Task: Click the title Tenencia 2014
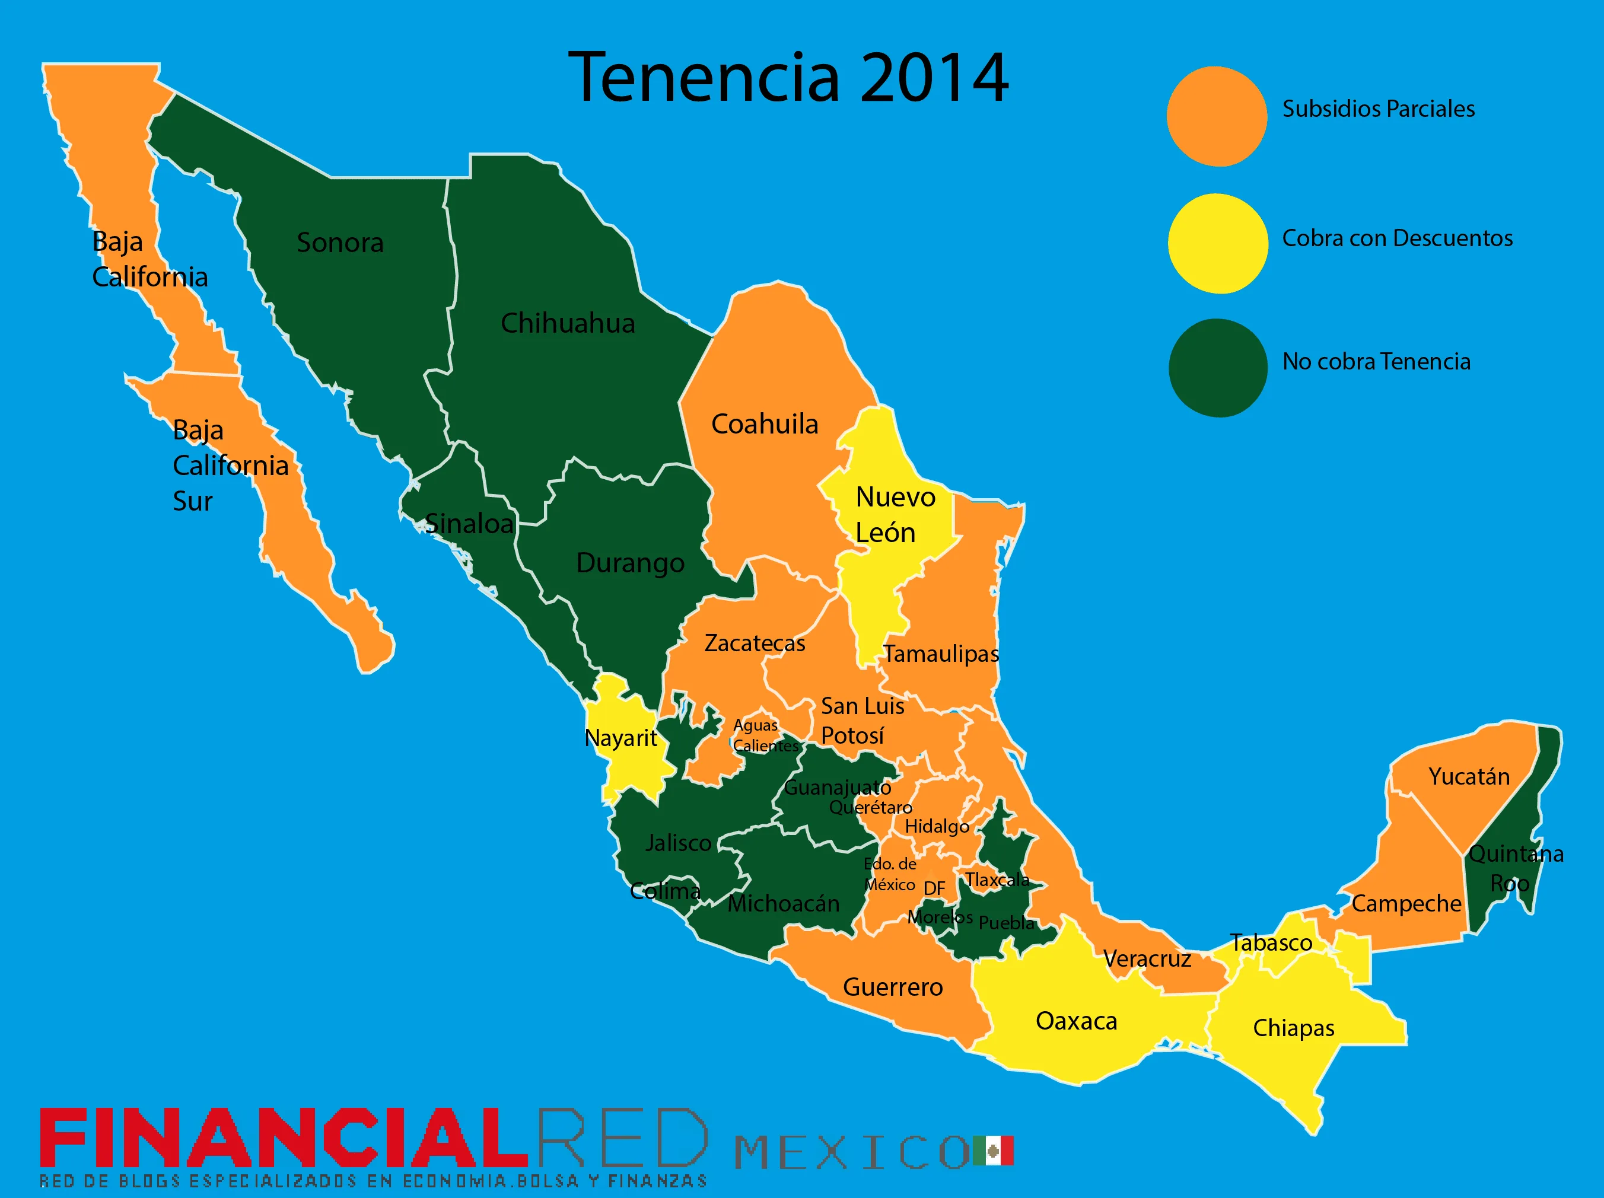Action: point(788,78)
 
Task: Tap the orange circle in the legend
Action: point(1217,116)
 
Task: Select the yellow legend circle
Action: point(1217,243)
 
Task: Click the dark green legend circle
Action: point(1217,368)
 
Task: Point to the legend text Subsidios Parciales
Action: point(1378,109)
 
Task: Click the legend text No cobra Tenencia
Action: point(1376,361)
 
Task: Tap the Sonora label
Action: point(339,243)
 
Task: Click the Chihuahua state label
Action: point(567,323)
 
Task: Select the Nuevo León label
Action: point(894,515)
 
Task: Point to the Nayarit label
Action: point(620,738)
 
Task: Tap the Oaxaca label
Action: point(1076,1021)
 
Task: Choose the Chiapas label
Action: point(1294,1028)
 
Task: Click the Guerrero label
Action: point(893,987)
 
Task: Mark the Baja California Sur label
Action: point(229,466)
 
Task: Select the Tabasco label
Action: point(1271,943)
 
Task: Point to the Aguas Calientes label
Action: point(763,735)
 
